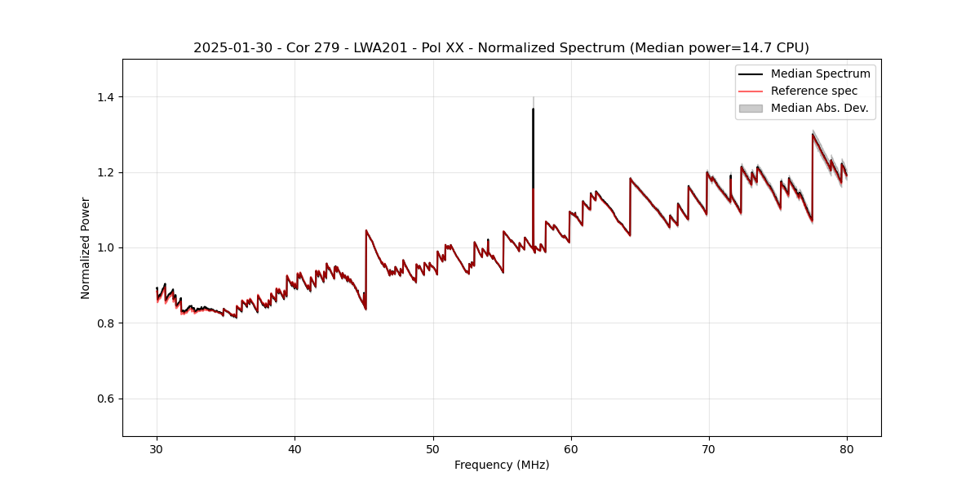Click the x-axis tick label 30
[157, 448]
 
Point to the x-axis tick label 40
[295, 448]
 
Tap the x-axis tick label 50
[433, 448]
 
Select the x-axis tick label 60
[571, 448]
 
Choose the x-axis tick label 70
[709, 448]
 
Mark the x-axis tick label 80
[847, 448]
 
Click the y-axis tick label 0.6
[108, 399]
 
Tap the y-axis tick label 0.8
[108, 323]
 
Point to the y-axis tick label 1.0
[108, 247]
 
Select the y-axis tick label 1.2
[108, 172]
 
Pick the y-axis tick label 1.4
[108, 97]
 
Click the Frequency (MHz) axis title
[502, 465]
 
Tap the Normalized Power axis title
[86, 247]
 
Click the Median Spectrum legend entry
[820, 73]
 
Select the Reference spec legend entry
[814, 91]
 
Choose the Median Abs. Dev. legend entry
[819, 108]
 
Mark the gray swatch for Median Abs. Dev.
[751, 108]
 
